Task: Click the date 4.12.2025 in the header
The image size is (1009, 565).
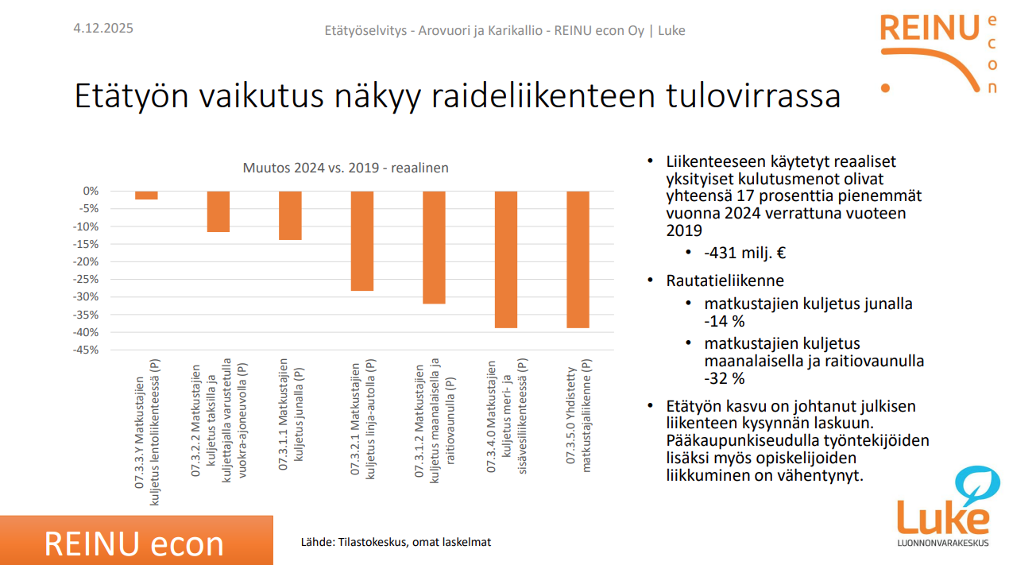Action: tap(103, 28)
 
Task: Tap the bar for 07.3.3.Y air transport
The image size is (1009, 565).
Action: tap(146, 195)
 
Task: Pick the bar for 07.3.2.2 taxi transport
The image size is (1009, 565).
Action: tap(218, 211)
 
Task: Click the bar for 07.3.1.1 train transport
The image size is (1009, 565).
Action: tap(290, 215)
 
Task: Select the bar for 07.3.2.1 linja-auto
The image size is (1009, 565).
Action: tap(362, 241)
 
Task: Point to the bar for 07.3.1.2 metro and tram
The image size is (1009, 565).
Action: tap(434, 247)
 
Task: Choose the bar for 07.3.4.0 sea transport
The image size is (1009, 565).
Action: tap(506, 260)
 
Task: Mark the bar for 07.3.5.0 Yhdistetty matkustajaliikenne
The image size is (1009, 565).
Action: tap(578, 260)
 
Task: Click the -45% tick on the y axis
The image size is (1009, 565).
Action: tap(86, 350)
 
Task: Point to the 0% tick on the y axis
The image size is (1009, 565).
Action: tap(91, 191)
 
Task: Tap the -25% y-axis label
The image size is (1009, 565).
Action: tap(86, 280)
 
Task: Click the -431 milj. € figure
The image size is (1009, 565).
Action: tap(745, 253)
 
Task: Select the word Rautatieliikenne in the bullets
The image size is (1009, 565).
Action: tap(725, 281)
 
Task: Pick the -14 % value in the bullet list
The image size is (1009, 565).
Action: tap(725, 321)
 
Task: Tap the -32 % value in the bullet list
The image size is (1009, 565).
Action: tap(725, 378)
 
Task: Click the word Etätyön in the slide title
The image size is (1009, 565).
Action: tap(132, 95)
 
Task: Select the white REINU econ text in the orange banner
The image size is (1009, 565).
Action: tap(133, 544)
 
